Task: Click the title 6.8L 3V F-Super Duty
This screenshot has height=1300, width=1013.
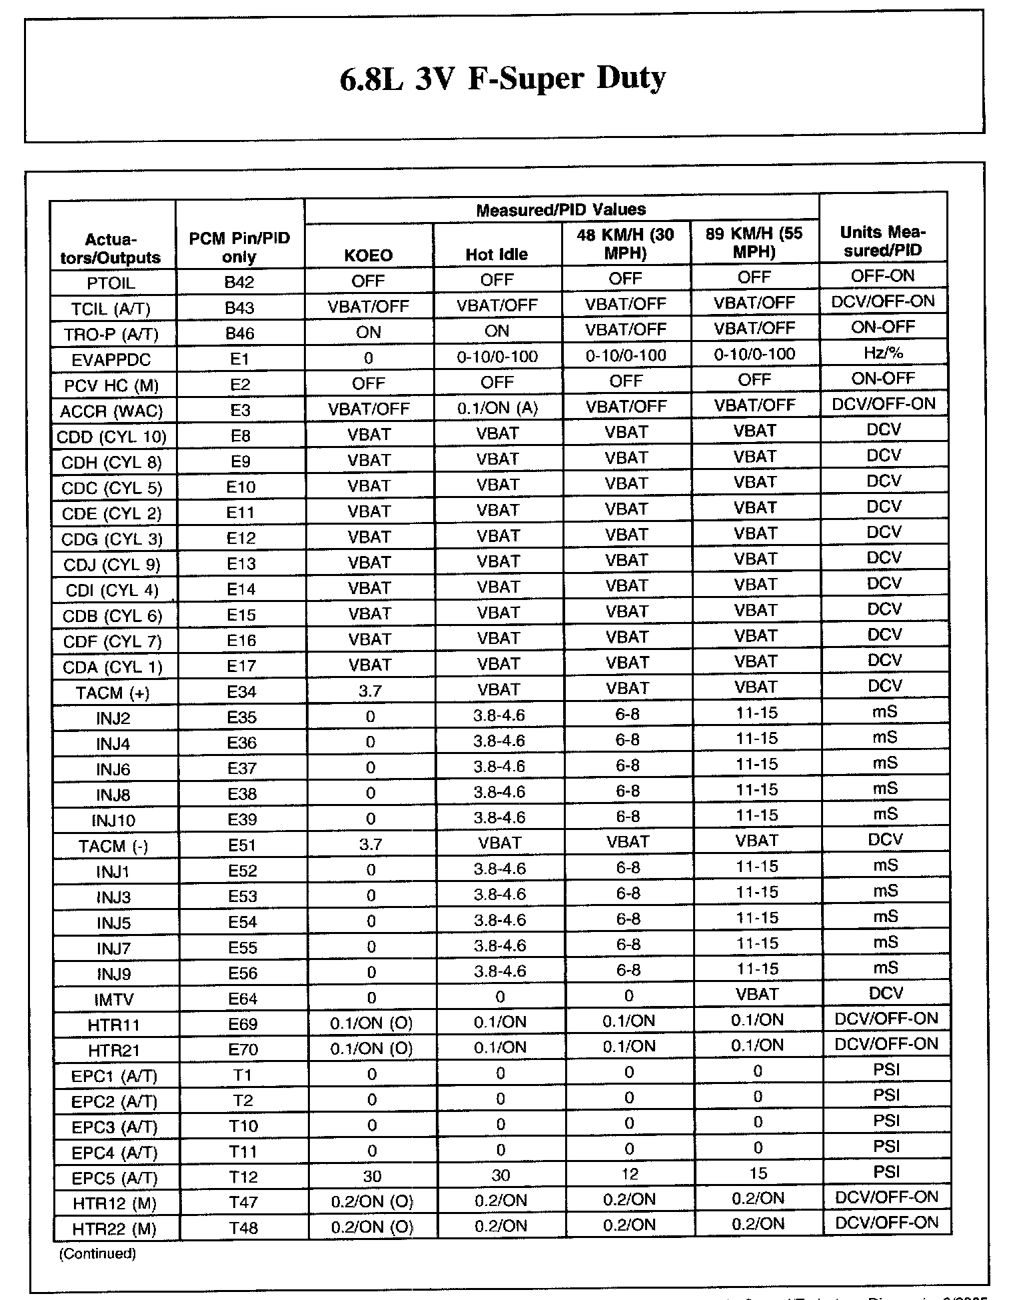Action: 503,79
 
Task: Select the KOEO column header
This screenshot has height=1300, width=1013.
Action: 368,255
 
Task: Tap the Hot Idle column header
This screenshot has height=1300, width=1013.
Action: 497,255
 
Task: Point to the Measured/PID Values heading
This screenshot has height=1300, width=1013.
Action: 560,210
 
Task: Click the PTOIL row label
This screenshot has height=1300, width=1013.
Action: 111,283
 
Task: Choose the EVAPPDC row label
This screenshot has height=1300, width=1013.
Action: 111,360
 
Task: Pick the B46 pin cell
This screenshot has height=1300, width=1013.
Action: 239,333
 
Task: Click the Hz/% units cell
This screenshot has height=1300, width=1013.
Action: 883,353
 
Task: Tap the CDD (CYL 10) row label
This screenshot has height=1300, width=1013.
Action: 111,437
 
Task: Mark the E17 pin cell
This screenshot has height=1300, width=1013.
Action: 241,666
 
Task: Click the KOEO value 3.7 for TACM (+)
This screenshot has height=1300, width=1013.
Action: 370,691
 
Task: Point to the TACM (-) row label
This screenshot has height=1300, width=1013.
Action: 113,847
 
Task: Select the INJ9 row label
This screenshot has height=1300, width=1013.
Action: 113,975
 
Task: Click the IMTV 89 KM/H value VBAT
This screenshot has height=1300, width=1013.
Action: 757,995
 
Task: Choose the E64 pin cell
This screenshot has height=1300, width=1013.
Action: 243,999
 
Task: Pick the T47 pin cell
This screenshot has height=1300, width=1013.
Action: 243,1202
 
